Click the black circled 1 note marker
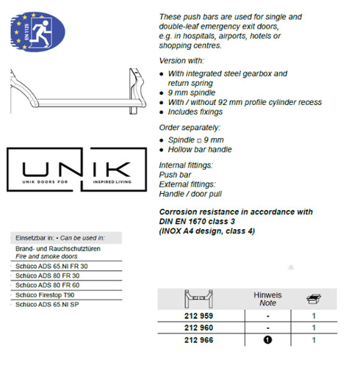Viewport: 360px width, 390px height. point(268,341)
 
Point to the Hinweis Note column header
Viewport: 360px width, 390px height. point(268,298)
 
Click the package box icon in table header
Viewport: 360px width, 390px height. point(314,298)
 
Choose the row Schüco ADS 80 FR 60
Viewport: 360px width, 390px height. point(51,284)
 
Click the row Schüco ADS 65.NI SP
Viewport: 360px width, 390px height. point(51,303)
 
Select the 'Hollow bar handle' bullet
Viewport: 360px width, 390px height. point(203,149)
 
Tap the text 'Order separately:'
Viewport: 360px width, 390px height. point(189,127)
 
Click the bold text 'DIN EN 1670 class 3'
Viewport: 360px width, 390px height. point(201,221)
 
